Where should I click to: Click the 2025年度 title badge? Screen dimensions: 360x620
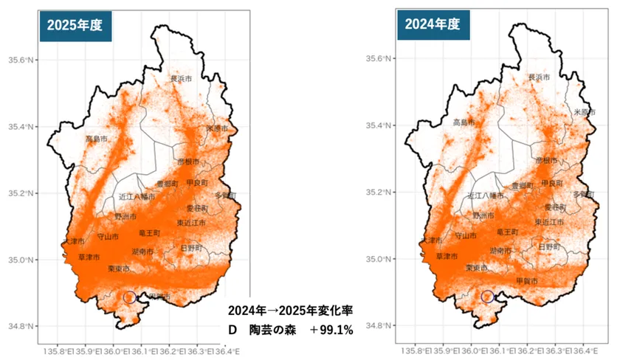coord(75,24)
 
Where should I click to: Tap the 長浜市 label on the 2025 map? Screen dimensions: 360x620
coord(181,78)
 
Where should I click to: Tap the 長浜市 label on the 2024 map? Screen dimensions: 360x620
coord(540,77)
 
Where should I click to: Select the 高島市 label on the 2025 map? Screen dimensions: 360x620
coord(97,138)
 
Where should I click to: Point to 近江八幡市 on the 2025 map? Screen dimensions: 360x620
coord(137,197)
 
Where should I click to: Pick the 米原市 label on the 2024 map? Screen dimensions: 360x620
coord(585,112)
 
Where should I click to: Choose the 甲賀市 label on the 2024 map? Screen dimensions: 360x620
coord(526,281)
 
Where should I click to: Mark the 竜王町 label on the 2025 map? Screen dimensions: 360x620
coord(149,232)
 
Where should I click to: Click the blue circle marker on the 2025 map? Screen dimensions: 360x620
coord(129,297)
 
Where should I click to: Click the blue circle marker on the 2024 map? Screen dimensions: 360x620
coord(487,297)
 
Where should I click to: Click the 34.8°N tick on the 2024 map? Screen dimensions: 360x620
coord(379,326)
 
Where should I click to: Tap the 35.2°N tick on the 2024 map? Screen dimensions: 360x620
coord(379,193)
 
